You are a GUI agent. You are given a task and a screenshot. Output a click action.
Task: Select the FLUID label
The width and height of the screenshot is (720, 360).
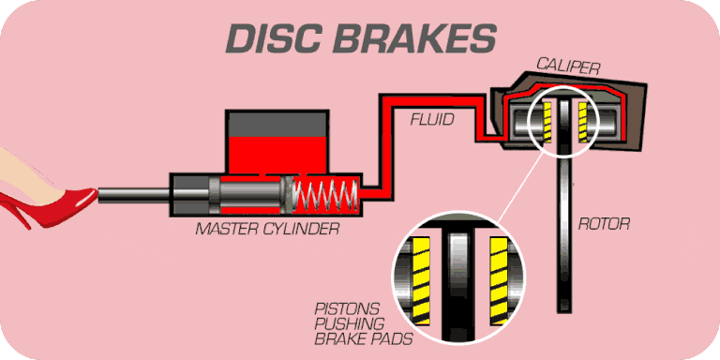(x=434, y=119)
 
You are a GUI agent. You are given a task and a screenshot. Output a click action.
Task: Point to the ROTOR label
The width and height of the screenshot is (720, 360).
(x=604, y=224)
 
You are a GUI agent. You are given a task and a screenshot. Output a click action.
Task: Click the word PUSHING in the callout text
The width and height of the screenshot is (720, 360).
(x=344, y=323)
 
